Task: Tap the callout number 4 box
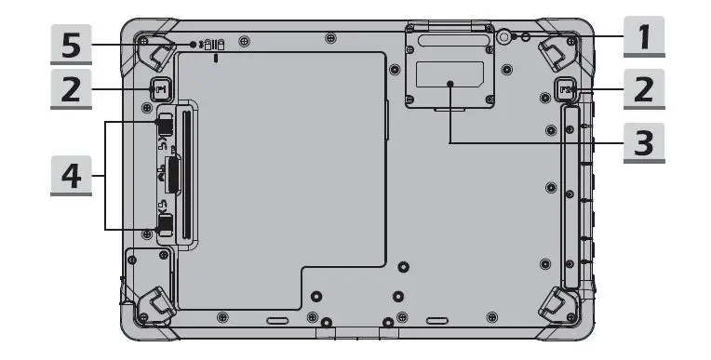[69, 175]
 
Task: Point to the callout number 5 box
[69, 44]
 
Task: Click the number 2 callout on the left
[69, 90]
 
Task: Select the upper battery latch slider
[164, 125]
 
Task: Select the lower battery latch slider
[164, 222]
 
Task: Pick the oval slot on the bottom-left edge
[276, 318]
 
